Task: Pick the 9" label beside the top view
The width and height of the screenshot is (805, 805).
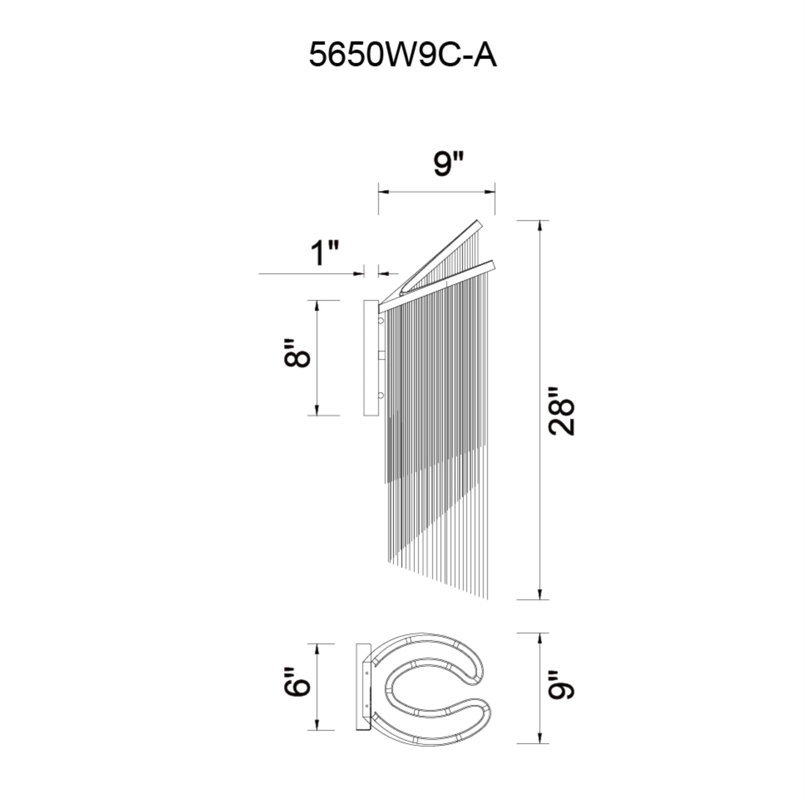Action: pyautogui.click(x=561, y=696)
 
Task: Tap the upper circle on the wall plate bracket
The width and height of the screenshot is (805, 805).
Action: pyautogui.click(x=380, y=321)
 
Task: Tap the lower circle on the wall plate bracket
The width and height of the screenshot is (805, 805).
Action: pyautogui.click(x=380, y=395)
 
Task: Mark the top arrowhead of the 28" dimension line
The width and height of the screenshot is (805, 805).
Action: pyautogui.click(x=541, y=225)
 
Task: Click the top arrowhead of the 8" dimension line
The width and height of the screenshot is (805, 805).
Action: pyautogui.click(x=318, y=305)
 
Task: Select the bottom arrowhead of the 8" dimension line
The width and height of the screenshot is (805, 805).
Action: pyautogui.click(x=318, y=411)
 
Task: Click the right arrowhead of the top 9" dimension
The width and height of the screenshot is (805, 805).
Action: pyautogui.click(x=490, y=192)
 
